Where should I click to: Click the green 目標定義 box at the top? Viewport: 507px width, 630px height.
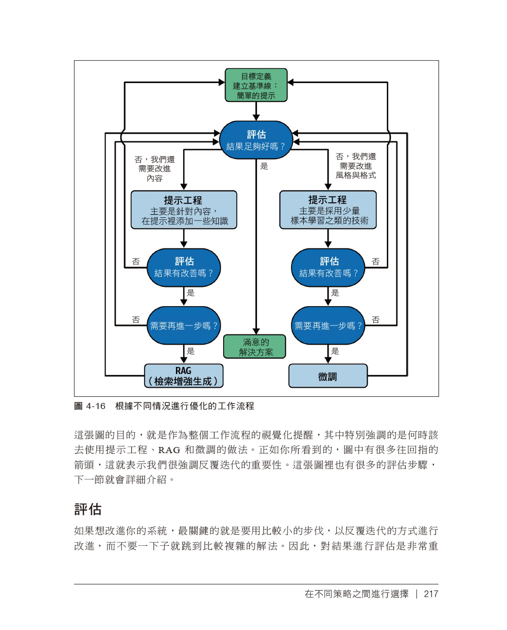[256, 85]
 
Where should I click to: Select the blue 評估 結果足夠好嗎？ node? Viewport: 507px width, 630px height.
[256, 140]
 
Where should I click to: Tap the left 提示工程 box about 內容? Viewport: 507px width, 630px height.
[184, 210]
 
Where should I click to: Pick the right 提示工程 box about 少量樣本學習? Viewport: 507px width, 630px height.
[328, 210]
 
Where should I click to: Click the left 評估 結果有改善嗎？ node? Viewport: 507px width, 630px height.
[184, 267]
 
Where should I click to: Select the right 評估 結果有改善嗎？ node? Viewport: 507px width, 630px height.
[328, 267]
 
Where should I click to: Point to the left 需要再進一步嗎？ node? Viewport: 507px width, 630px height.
[184, 325]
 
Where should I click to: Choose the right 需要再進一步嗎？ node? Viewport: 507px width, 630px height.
[328, 325]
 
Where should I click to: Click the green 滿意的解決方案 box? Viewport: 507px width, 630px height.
[255, 347]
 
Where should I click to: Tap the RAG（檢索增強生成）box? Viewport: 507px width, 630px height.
[184, 376]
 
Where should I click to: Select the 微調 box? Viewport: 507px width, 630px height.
[328, 376]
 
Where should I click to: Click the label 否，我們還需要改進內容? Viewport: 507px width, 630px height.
[154, 169]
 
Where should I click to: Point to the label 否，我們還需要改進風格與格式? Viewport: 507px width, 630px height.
[356, 166]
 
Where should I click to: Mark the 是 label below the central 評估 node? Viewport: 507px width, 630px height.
[264, 166]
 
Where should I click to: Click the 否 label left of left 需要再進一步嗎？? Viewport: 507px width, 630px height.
[136, 320]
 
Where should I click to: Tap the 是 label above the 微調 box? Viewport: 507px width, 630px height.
[335, 351]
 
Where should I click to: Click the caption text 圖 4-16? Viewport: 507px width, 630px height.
[90, 406]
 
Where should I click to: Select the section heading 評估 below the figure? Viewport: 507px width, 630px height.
[88, 509]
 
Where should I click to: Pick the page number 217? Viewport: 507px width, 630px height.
[431, 594]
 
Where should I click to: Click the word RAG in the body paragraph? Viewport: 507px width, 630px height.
[169, 450]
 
